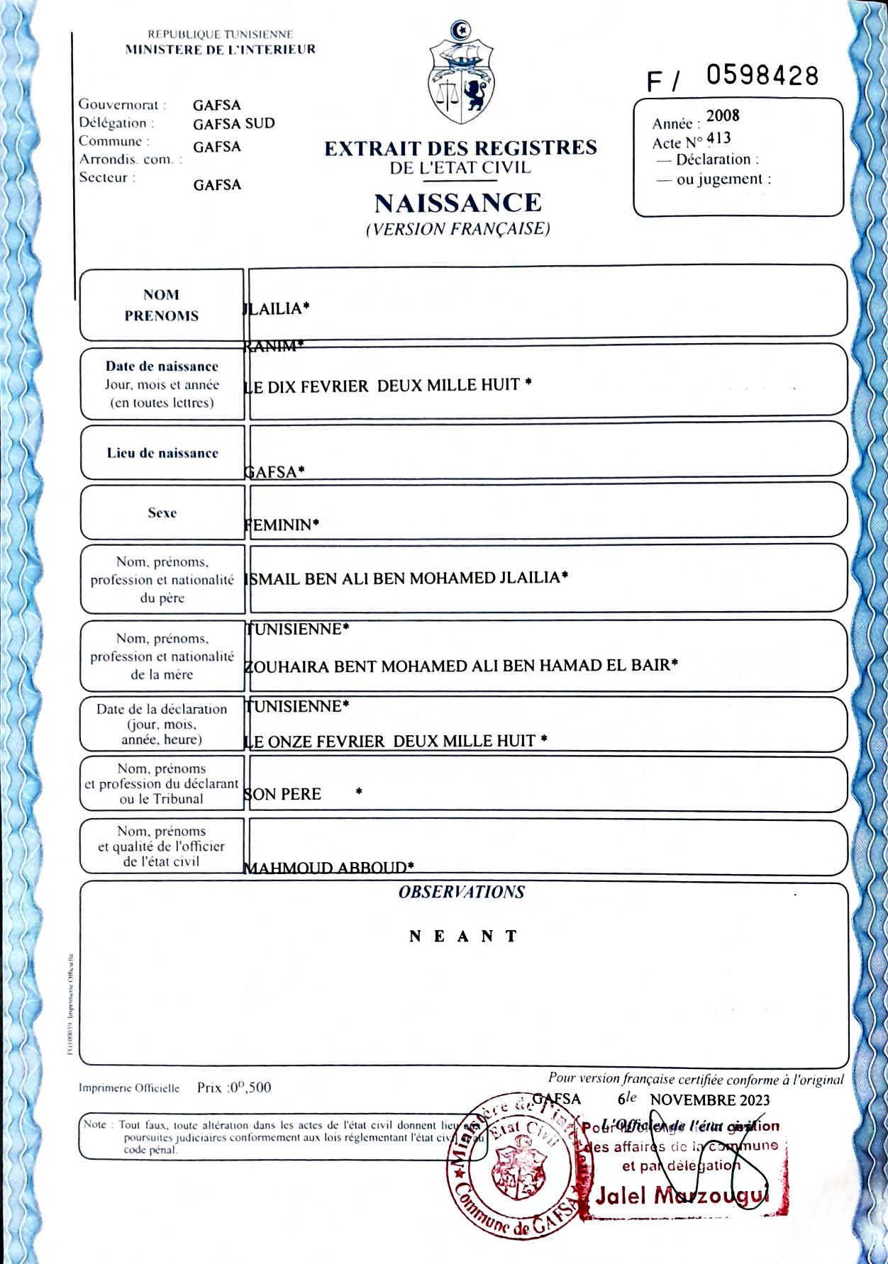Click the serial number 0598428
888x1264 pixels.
762,75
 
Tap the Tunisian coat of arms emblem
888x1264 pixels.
461,74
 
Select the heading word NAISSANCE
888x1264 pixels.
457,203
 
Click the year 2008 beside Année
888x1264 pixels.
722,116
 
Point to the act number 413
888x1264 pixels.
718,138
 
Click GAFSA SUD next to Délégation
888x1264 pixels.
233,123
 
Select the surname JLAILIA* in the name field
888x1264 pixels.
277,308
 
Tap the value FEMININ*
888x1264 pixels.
281,525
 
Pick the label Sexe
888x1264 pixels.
162,513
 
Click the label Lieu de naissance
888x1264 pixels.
162,453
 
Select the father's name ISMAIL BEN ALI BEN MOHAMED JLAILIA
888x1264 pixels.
406,578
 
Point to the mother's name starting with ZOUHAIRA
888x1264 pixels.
461,666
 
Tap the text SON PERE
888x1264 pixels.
283,794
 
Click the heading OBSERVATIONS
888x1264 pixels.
461,892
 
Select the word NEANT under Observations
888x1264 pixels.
463,936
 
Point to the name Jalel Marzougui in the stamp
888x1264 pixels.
682,1196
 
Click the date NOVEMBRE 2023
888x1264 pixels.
709,1100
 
